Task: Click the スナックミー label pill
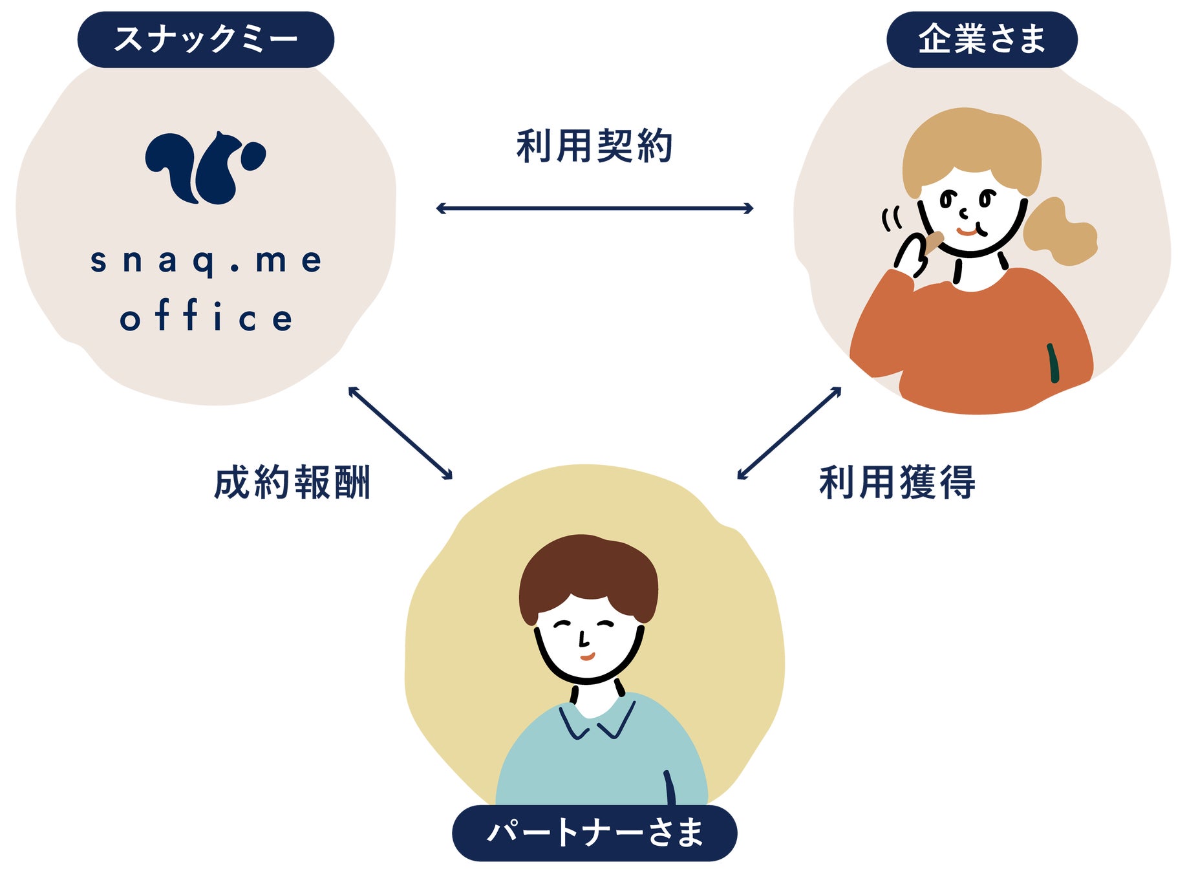point(206,39)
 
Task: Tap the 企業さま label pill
point(981,39)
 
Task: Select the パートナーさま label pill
point(594,832)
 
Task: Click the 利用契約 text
point(594,146)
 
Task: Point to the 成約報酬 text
point(292,482)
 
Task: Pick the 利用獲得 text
point(897,482)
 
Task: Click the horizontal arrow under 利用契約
point(594,208)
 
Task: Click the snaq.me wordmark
point(206,261)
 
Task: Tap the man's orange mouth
point(587,657)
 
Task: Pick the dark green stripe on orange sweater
point(1053,363)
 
